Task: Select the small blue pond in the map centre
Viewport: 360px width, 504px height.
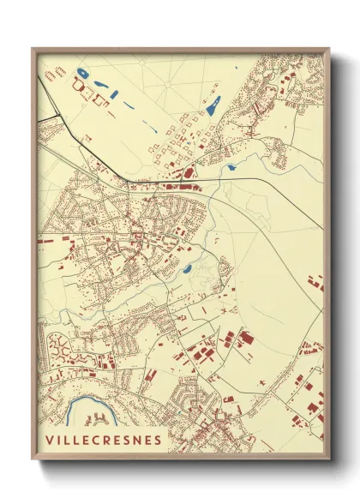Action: [187, 269]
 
